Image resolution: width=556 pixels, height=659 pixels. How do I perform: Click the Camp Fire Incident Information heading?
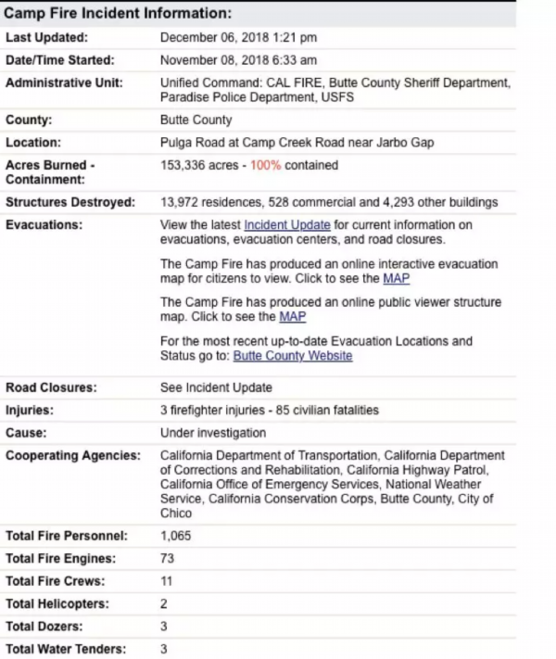point(118,15)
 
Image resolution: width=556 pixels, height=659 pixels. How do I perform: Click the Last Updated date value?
point(238,38)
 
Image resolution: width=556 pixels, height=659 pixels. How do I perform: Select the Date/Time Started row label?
point(59,60)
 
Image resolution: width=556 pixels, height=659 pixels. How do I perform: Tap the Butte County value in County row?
point(196,120)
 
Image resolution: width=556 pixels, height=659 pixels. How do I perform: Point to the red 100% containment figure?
point(265,166)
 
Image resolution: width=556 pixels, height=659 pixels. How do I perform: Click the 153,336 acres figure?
point(198,166)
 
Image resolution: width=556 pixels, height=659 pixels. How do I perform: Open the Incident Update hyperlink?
point(287,225)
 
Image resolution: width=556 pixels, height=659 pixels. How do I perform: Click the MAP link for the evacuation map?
point(396,278)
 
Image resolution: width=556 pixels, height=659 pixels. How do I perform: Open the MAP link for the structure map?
point(292,317)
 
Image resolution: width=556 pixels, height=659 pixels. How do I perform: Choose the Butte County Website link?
point(292,356)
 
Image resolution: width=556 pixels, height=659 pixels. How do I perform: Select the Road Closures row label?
point(53,387)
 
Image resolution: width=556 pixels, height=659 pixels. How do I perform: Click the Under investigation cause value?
point(212,433)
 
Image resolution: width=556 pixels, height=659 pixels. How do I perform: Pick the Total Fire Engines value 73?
point(168,559)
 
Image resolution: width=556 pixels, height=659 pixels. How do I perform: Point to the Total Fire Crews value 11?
point(167,581)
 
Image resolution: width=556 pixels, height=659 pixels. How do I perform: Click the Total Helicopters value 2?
point(164,604)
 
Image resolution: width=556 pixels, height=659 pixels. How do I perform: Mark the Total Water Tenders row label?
point(66,649)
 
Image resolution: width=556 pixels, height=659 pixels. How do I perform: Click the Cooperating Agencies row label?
point(73,456)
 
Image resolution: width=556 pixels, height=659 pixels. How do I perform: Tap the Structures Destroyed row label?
point(70,202)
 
